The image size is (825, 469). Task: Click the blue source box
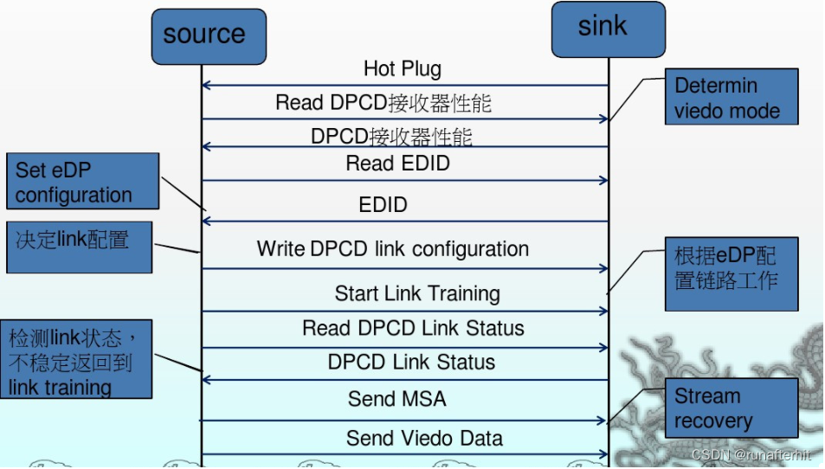click(208, 35)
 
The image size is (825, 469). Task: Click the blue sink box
click(609, 29)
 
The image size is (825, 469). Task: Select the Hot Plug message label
click(402, 68)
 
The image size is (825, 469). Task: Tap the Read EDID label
click(397, 163)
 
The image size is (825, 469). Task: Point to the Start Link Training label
click(417, 293)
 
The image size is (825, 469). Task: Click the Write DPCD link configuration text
click(392, 249)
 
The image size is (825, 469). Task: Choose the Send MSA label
click(397, 399)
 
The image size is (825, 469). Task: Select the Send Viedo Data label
click(424, 438)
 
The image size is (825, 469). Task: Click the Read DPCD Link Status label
click(413, 328)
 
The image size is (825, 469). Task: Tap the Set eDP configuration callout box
click(82, 182)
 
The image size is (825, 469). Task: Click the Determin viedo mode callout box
click(731, 98)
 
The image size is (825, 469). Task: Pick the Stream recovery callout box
click(731, 408)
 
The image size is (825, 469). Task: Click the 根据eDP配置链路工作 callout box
click(731, 274)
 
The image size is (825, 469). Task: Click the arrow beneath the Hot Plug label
click(404, 86)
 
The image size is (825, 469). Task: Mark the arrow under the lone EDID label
click(404, 222)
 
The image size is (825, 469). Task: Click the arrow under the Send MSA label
click(404, 420)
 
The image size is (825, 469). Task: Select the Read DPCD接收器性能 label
click(383, 103)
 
